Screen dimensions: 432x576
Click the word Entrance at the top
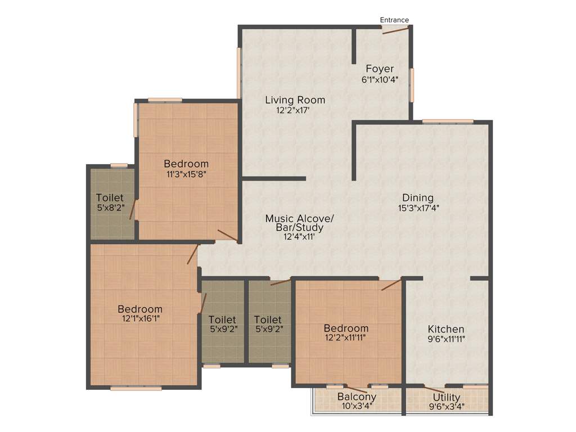point(394,20)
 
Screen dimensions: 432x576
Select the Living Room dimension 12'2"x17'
point(295,110)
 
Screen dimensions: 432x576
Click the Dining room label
point(418,197)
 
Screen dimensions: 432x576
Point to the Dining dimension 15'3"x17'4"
point(418,208)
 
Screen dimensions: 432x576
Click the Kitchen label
point(446,329)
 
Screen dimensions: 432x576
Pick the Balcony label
point(357,397)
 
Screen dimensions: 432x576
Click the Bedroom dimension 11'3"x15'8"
point(186,174)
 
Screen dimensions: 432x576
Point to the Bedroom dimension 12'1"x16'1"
point(140,319)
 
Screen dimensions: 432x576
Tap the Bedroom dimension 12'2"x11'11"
point(346,338)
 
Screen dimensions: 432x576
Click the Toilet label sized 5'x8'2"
point(110,197)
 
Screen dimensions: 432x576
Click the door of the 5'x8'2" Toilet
point(133,210)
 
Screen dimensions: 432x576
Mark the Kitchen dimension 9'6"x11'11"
point(446,339)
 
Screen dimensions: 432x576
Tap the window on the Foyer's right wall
point(412,85)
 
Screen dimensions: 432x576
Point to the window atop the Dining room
point(448,121)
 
